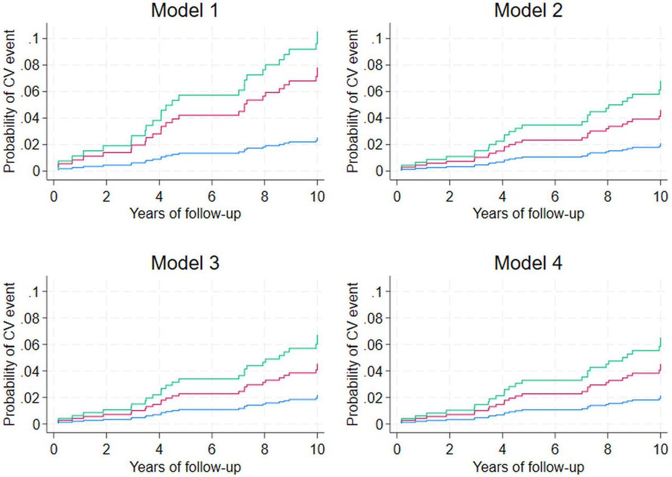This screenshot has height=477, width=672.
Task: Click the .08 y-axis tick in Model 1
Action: (31, 65)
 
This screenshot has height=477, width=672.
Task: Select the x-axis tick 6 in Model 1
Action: (212, 197)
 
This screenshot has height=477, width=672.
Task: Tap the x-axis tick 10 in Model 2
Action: (660, 197)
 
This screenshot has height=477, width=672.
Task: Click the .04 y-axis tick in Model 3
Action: (31, 372)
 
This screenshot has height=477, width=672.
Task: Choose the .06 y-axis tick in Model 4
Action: (374, 345)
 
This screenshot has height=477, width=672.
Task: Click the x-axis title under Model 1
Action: (185, 213)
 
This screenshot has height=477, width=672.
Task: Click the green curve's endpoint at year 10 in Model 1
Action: (318, 33)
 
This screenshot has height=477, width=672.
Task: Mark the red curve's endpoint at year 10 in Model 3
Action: (318, 365)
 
